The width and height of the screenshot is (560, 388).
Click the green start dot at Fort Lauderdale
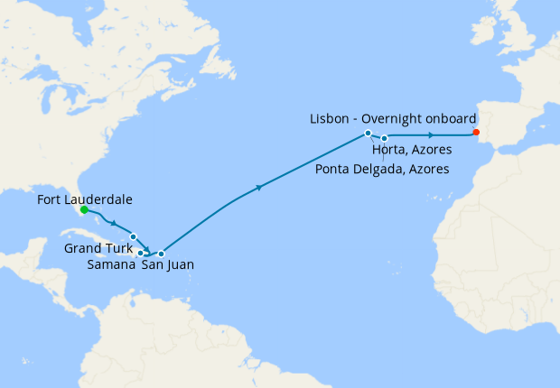[83, 209]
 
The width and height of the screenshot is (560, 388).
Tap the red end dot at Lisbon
[476, 133]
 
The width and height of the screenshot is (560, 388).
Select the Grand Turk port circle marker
[133, 236]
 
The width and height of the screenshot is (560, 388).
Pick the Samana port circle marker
[140, 253]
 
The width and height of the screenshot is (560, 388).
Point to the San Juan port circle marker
[161, 253]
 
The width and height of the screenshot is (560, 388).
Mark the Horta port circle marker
[369, 134]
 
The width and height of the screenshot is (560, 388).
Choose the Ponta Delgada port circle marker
[385, 138]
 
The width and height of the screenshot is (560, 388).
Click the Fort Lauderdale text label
[87, 197]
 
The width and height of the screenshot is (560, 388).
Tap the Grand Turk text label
[96, 248]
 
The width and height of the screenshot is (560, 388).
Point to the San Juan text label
[167, 265]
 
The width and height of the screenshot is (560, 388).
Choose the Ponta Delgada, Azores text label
[382, 169]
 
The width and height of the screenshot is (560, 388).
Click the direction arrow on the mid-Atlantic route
[260, 188]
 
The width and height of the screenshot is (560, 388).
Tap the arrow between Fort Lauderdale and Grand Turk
[113, 221]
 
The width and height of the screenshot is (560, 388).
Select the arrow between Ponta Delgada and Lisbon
[431, 135]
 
